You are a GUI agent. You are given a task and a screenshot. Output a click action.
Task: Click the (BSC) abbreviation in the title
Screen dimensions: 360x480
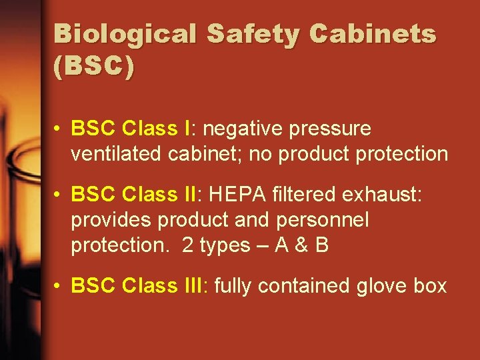point(93,67)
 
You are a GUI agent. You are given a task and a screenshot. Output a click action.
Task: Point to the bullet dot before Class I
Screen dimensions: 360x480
point(59,129)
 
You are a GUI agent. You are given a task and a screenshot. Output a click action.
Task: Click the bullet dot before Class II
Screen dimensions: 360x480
point(59,195)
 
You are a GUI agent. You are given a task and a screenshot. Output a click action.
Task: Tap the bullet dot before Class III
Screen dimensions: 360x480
point(59,286)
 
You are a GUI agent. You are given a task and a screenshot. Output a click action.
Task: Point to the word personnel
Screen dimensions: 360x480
point(322,219)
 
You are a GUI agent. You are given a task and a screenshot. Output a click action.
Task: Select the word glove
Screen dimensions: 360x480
point(386,285)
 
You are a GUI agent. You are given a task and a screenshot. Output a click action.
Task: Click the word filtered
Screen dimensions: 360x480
point(306,194)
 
